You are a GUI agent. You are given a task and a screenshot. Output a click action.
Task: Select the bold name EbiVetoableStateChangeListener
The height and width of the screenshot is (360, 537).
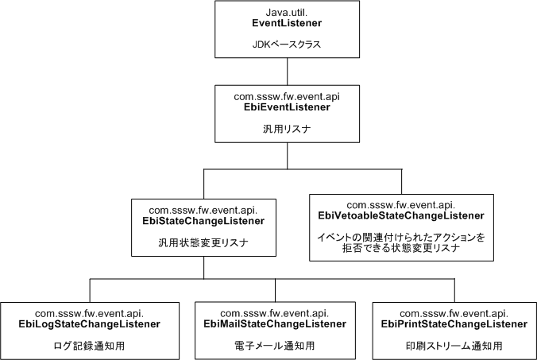click(401, 215)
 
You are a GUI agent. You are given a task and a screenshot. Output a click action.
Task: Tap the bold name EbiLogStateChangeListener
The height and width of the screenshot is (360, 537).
click(90, 324)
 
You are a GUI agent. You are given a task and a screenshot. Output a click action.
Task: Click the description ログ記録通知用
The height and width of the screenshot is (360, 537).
click(90, 346)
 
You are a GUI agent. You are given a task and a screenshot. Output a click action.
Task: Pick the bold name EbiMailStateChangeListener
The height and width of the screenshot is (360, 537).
click(284, 324)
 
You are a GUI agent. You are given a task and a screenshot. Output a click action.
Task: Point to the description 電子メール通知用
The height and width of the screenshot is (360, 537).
click(284, 346)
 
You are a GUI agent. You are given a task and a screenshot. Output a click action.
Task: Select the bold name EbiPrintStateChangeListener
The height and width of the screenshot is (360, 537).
click(450, 324)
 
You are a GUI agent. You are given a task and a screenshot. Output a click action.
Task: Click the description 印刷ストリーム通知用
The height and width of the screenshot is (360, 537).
click(450, 346)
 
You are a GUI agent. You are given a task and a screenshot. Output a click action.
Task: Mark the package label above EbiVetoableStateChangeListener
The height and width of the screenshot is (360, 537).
click(401, 203)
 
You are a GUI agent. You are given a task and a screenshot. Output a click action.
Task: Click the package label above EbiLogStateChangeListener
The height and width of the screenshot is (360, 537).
click(90, 312)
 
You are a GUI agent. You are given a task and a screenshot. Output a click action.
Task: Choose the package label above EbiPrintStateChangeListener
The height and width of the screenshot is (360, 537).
click(450, 312)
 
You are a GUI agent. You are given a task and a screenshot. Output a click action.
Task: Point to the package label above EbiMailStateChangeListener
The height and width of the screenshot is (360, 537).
click(284, 312)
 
